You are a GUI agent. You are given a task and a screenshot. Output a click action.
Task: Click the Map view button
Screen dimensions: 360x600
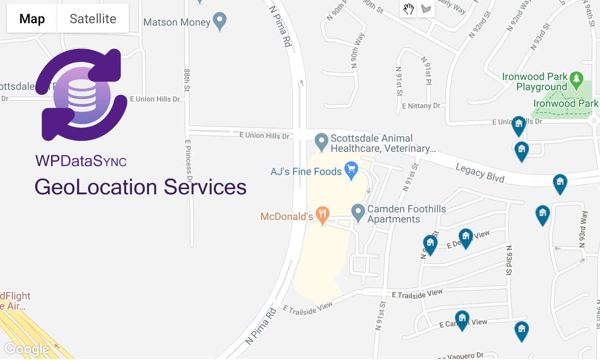pos(32,18)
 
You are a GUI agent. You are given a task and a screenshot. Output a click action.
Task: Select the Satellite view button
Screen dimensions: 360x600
pos(93,18)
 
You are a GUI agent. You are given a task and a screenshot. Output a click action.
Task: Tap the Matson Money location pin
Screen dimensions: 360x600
pos(220,20)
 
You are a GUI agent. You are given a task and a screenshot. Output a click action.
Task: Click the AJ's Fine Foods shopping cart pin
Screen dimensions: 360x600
pos(351,170)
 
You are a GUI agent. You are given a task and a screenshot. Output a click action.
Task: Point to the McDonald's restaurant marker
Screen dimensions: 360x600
pos(322,214)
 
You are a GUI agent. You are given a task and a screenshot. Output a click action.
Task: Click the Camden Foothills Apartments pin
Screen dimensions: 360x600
pos(358,212)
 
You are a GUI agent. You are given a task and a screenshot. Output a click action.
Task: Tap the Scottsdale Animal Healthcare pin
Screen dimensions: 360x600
pos(321,141)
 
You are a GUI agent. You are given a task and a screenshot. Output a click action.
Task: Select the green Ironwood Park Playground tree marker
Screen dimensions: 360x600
pos(576,80)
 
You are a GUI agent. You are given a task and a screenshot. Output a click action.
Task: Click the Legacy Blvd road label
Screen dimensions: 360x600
pos(480,173)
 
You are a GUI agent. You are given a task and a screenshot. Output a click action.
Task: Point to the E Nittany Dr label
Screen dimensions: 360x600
pos(421,106)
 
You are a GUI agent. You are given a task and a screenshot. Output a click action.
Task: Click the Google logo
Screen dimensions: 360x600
pos(27,349)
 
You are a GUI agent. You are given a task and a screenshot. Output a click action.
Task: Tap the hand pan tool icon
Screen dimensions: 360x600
pos(408,9)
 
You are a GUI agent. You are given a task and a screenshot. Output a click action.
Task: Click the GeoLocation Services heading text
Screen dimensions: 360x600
pos(140,187)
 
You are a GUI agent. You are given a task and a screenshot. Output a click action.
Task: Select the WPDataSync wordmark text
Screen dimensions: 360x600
pos(81,161)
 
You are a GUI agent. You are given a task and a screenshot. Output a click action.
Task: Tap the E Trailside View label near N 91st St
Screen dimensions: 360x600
pos(417,294)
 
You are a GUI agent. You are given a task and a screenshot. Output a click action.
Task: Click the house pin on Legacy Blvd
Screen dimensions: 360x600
pos(560,183)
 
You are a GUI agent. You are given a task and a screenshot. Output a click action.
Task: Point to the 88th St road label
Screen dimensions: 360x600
pos(187,80)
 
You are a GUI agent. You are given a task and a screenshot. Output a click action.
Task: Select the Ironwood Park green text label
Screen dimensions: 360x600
pos(566,104)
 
